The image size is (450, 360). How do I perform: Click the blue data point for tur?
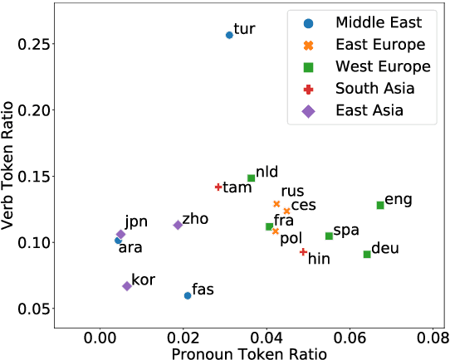[x=229, y=35]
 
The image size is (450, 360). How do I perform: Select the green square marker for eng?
[x=380, y=205]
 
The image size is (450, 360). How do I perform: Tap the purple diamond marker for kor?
[x=127, y=286]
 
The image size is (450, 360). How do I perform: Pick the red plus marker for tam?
[x=218, y=187]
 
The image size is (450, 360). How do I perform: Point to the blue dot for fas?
[x=188, y=295]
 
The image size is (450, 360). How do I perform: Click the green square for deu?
[x=367, y=254]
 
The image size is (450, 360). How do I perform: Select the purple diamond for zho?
[x=178, y=225]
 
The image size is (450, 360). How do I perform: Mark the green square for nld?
[x=251, y=178]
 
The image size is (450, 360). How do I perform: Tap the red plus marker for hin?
[x=303, y=252]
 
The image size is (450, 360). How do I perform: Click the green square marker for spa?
[x=329, y=236]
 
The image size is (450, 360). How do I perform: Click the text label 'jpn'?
[x=136, y=221]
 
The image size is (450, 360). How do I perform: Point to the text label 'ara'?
[x=130, y=247]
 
